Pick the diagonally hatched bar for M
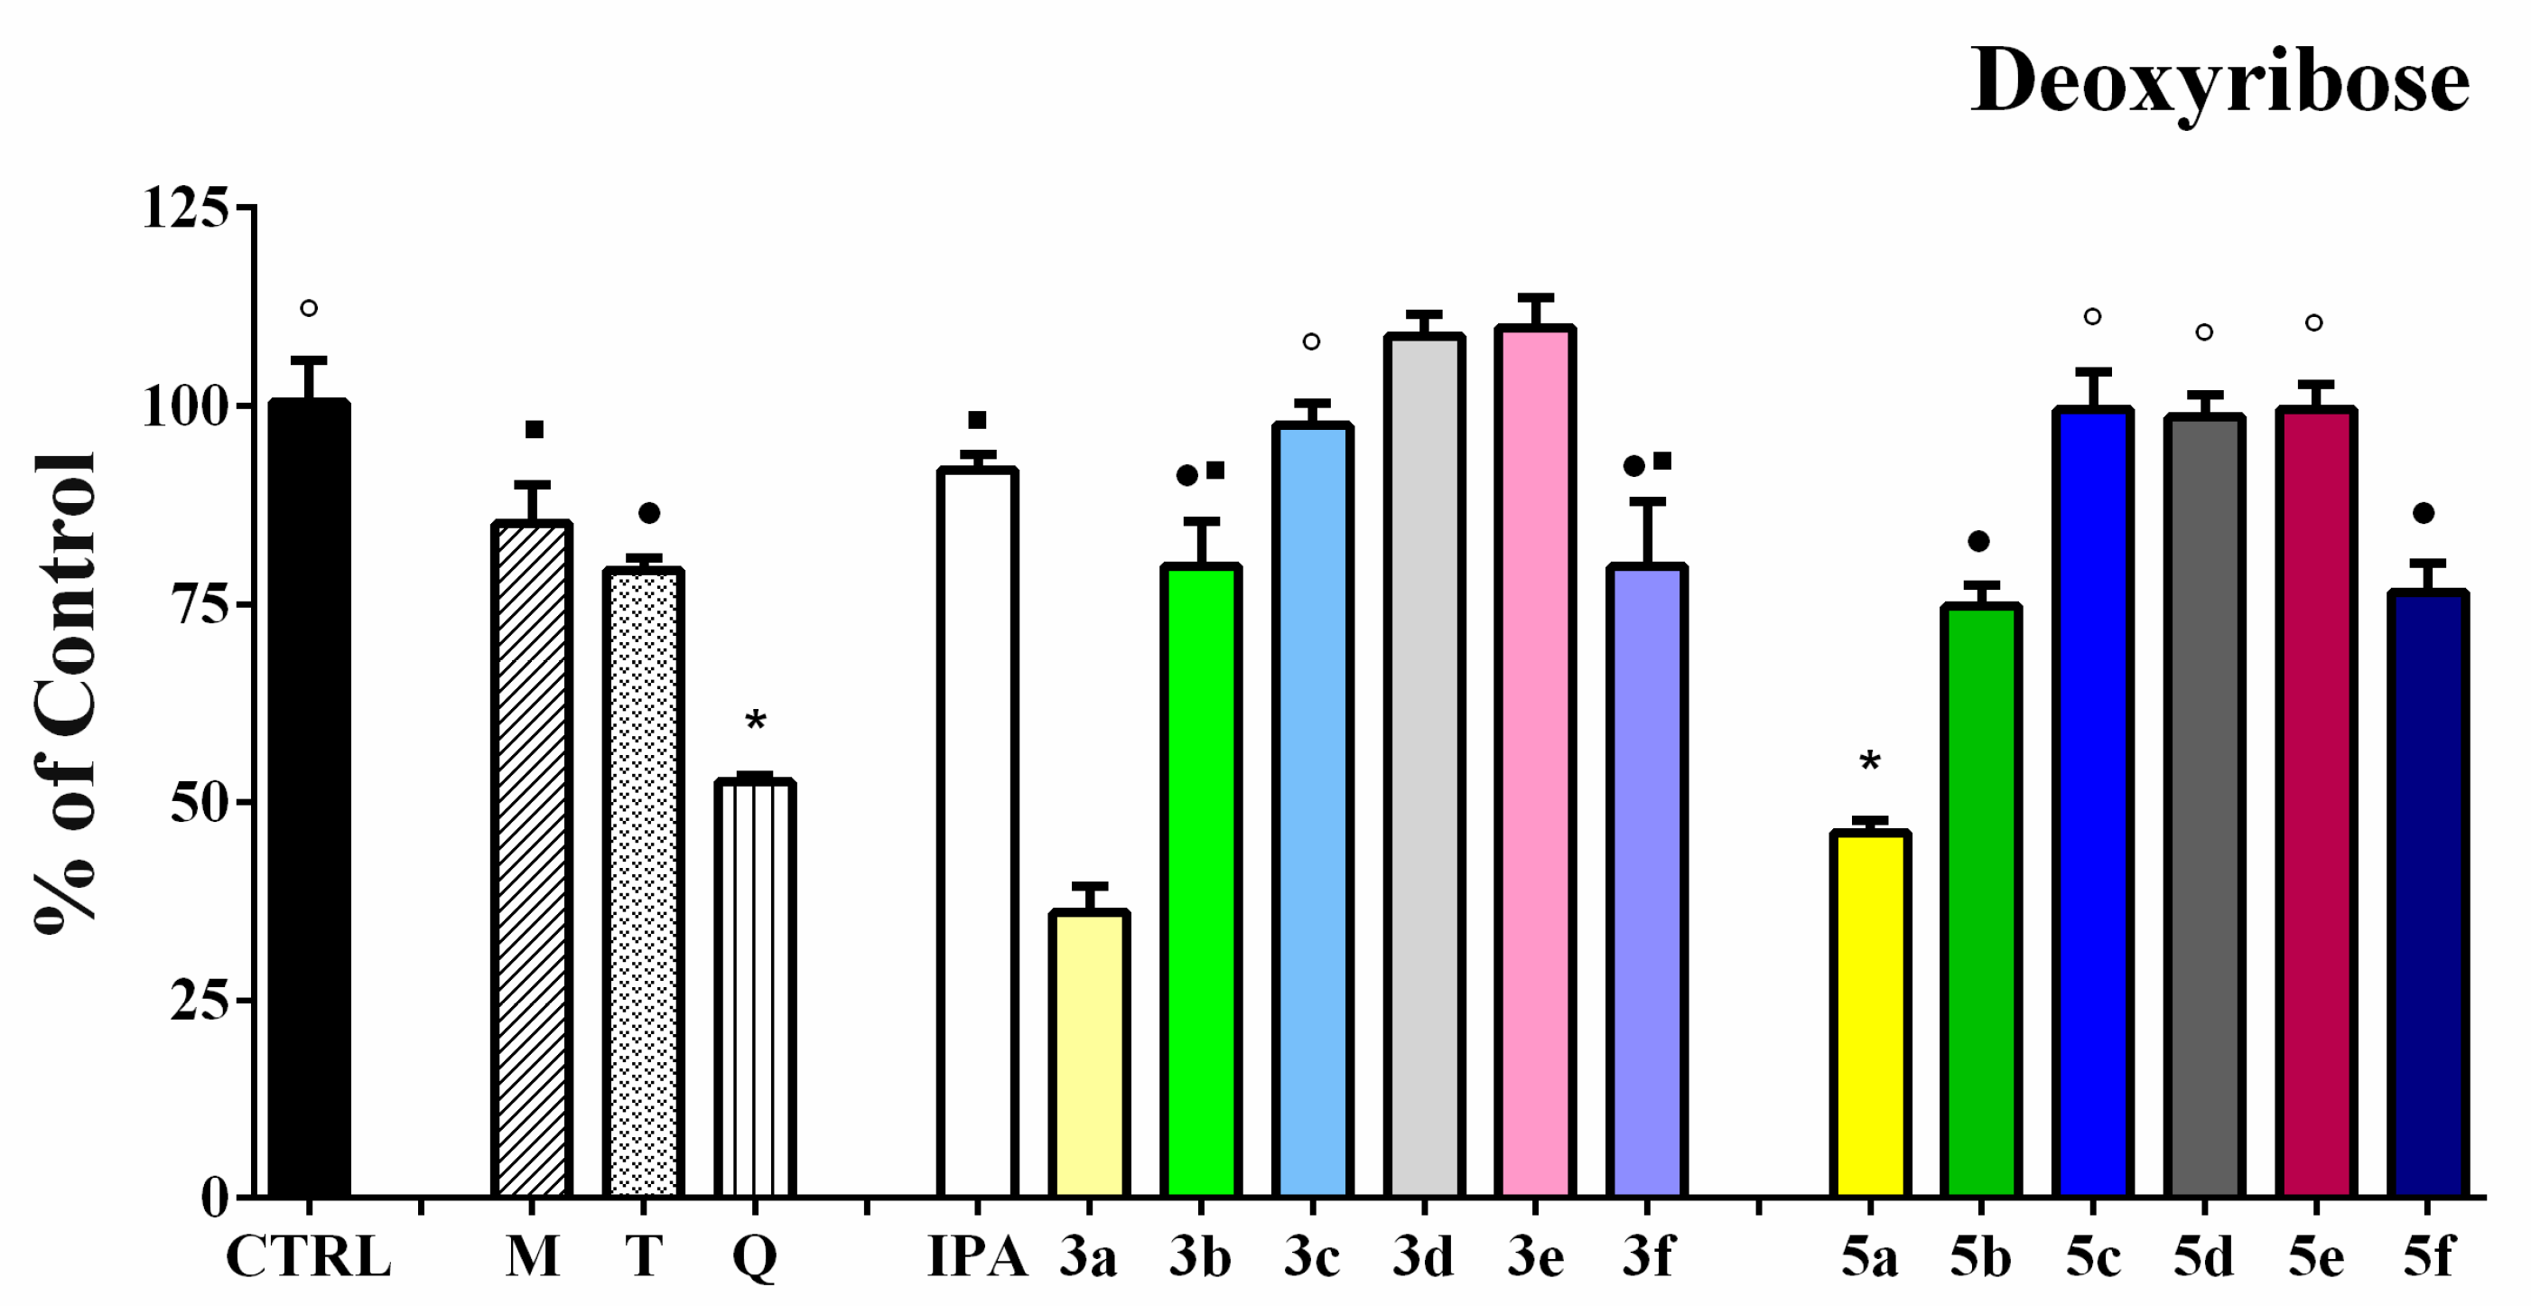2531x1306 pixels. click(532, 860)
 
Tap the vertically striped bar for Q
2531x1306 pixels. click(755, 987)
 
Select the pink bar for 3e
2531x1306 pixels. click(1535, 761)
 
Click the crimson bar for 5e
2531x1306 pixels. click(2316, 801)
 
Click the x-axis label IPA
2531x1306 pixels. click(977, 1257)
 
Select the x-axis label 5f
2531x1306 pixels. click(2428, 1257)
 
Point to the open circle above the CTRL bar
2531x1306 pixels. click(309, 309)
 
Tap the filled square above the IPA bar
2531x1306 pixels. click(977, 421)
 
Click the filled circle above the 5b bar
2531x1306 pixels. click(1978, 542)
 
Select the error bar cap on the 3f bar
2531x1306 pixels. click(1647, 501)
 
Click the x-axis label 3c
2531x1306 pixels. click(1312, 1257)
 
